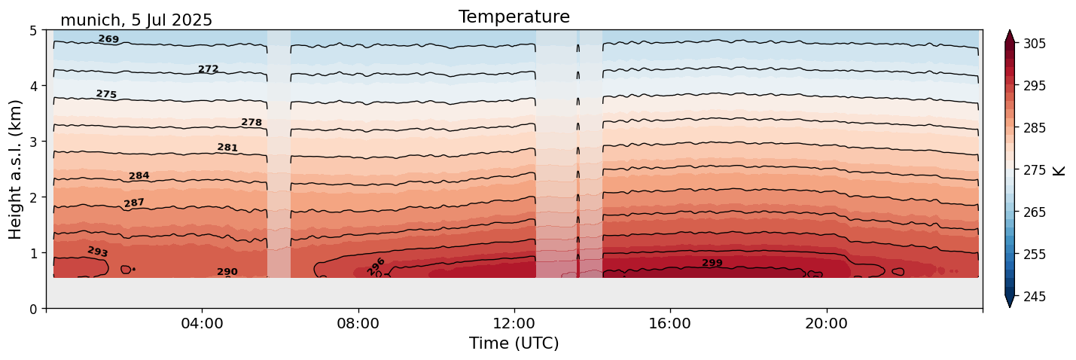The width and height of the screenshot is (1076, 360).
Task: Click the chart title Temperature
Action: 514,17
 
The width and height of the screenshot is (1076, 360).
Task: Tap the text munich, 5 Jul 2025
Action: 136,20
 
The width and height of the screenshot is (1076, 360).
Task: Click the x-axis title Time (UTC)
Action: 514,343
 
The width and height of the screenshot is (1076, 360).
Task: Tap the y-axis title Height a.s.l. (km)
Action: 16,169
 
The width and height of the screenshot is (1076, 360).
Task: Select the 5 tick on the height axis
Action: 33,31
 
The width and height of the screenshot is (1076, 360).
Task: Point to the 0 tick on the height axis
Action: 33,309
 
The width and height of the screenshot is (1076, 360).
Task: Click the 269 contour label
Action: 108,39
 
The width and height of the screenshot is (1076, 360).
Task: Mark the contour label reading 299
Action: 712,263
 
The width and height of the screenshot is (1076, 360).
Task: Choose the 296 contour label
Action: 376,267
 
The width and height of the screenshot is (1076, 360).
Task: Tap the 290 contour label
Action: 227,272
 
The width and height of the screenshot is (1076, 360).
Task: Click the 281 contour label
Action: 227,148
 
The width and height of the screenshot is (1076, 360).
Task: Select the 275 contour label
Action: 106,94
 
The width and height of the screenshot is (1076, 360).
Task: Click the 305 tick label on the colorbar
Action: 1033,44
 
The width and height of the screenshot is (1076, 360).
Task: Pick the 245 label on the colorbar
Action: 1033,297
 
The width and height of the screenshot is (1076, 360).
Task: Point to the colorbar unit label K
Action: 1059,170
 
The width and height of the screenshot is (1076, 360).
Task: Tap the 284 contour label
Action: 139,176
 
